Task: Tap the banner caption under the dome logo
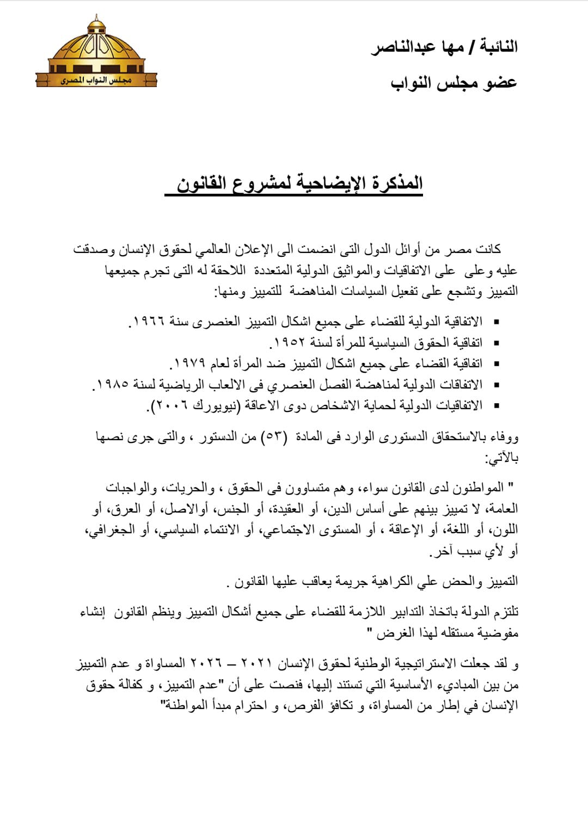click(96, 81)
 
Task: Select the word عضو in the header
click(499, 83)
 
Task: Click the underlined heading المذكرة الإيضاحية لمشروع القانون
click(299, 183)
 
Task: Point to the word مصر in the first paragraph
click(457, 250)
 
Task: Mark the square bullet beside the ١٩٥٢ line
click(495, 343)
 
